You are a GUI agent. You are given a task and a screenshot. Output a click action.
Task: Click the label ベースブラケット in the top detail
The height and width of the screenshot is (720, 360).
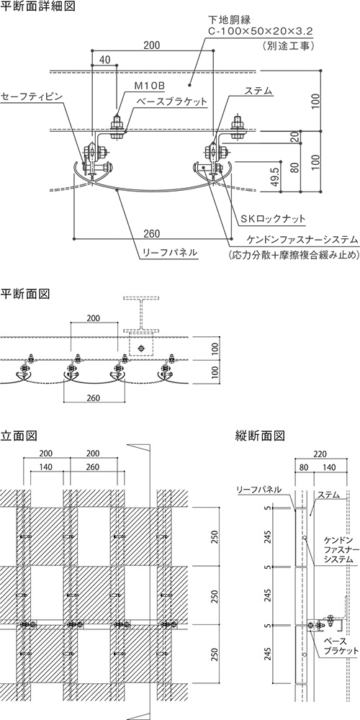click(171, 102)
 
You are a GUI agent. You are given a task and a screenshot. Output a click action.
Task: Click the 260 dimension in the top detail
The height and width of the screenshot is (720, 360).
click(151, 234)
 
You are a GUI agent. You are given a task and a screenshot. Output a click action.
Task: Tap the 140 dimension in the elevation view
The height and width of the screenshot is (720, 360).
click(46, 467)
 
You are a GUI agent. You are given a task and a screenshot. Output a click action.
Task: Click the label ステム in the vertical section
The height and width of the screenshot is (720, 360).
click(329, 495)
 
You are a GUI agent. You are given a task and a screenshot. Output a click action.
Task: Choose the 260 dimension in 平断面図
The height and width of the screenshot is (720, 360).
click(93, 398)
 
